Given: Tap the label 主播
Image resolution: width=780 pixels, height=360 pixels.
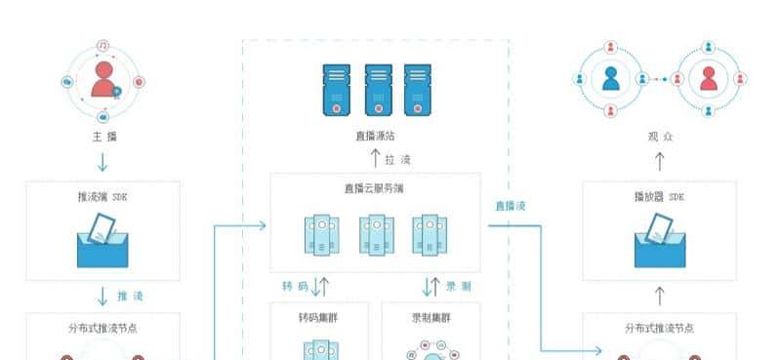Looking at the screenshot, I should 103,137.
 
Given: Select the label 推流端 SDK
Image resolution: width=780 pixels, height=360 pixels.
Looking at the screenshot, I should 103,196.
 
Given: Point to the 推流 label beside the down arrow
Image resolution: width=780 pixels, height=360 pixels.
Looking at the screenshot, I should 131,295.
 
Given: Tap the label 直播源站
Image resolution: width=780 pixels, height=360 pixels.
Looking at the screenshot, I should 376,136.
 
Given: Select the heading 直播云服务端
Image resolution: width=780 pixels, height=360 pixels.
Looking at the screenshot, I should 376,189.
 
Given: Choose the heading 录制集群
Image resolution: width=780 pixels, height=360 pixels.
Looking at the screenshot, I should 432,318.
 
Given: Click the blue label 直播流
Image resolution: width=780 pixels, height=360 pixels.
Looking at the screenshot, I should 510,206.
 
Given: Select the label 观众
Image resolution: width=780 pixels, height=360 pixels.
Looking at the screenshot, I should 661,137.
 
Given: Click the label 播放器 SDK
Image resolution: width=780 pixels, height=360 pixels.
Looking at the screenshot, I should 660,196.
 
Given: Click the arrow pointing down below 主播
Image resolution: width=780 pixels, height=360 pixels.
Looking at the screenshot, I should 103,160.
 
